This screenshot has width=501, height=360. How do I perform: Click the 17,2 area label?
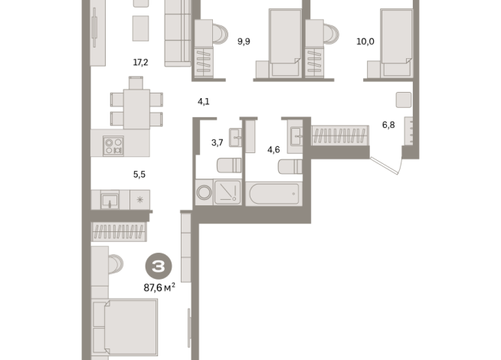pos(141,62)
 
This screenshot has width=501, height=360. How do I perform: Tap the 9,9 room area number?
pos(244,41)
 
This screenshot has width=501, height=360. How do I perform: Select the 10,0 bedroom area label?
pos(365,41)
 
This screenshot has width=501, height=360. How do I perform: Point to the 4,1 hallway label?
pos(204,102)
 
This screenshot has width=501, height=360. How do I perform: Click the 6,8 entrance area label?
pos(388,125)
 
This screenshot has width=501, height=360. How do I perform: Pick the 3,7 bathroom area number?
pos(218,142)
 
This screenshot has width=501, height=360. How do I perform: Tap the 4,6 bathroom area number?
pos(273,149)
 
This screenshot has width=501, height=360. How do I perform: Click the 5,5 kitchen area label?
pos(139,175)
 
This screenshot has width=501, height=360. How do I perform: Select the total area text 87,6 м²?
pos(159,288)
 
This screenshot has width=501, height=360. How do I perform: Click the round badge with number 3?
pos(159,266)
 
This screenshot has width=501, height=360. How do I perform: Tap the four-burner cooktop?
pos(113,146)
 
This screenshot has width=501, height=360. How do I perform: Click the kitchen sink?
pos(110,200)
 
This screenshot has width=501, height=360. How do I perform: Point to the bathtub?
pos(274,194)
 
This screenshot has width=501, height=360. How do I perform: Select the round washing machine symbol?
pos(204,192)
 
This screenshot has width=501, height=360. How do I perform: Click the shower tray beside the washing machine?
pos(228,192)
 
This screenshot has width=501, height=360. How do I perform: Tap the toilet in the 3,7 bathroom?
pos(229,165)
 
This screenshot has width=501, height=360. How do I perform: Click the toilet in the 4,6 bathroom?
pos(290,166)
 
